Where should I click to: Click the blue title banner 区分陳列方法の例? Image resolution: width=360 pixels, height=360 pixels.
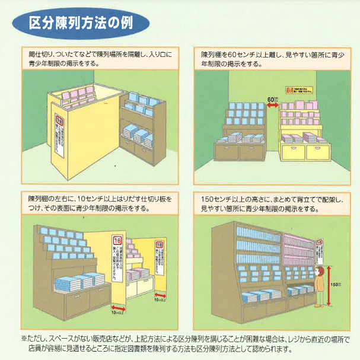[x=81, y=24]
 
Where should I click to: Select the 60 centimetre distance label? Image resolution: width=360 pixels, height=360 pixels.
[x=272, y=98]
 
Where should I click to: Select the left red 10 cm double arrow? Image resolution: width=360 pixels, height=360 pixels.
[x=117, y=301]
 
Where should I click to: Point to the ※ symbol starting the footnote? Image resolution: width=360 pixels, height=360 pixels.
[x=24, y=339]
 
